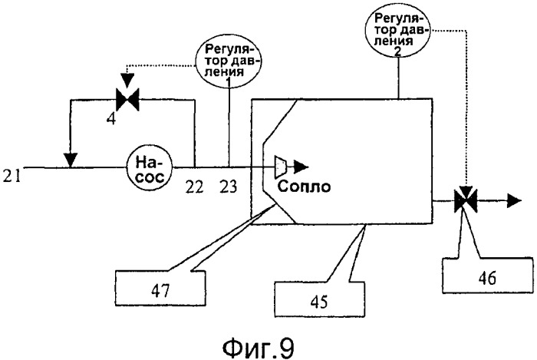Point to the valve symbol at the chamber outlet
point(462,202)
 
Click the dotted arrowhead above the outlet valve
point(462,183)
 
